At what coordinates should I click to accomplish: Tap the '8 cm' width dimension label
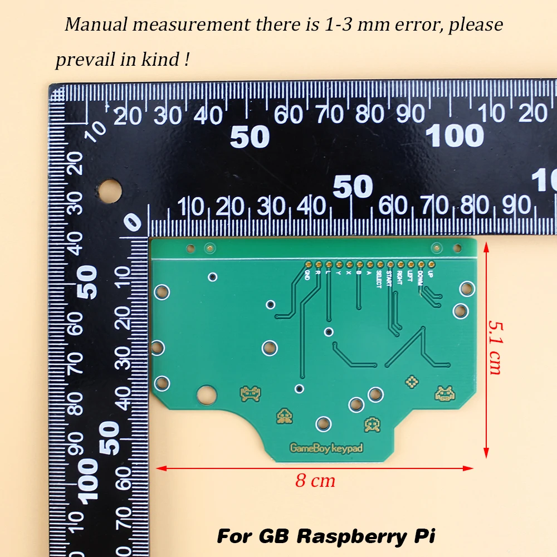click(x=315, y=481)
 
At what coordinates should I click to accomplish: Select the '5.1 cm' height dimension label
click(x=495, y=346)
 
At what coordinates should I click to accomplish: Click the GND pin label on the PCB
click(x=307, y=275)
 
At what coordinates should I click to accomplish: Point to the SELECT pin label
click(x=379, y=278)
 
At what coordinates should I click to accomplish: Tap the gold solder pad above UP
click(x=430, y=264)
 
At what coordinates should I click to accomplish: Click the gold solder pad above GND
click(x=307, y=264)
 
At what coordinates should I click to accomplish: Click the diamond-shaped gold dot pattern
click(x=412, y=382)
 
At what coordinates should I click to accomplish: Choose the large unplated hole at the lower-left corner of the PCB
click(x=205, y=393)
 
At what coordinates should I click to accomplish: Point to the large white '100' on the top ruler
click(x=455, y=135)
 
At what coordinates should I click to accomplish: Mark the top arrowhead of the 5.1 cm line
click(x=486, y=246)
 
